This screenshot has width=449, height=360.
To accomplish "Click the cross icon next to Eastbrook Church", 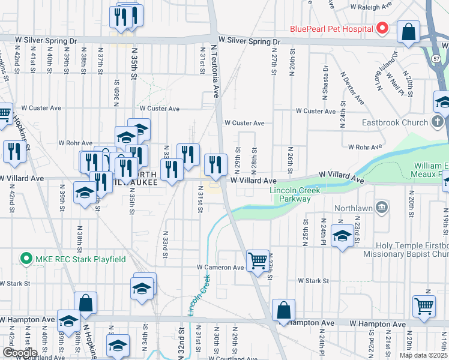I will pos(438,122).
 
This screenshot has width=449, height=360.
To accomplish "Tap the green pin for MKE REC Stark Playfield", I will pos(26,259).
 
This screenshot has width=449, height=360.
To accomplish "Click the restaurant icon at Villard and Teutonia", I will pos(216,164).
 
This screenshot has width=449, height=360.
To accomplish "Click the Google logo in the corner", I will pos(19,353).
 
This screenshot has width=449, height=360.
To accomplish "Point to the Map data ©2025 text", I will pos(424,355).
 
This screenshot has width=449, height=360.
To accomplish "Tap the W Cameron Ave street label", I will pos(220,268).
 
